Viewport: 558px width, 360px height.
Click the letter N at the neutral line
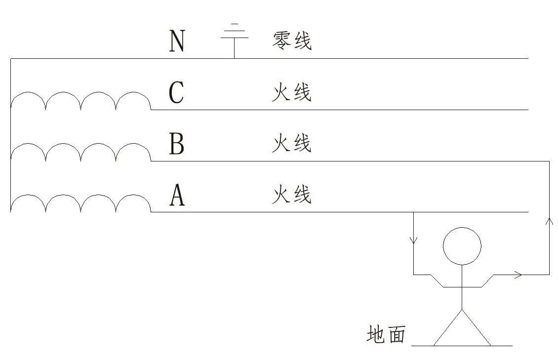click(177, 41)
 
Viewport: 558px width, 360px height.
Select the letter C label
click(176, 92)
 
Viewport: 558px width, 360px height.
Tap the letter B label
click(176, 143)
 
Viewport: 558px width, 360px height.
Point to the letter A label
click(177, 195)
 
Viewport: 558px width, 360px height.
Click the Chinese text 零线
click(292, 41)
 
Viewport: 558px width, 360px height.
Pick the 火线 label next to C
click(292, 92)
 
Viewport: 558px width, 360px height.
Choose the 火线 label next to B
click(292, 143)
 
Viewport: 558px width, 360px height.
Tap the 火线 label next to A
click(292, 195)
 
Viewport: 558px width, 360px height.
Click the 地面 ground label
click(386, 334)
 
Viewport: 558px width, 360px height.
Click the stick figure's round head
click(462, 246)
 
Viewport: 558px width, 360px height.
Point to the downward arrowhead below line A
click(413, 240)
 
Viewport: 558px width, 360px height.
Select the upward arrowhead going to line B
click(549, 222)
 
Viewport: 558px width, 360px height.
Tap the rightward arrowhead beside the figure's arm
click(518, 275)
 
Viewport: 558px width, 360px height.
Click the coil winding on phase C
click(81, 101)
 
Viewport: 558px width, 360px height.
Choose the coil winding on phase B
click(81, 152)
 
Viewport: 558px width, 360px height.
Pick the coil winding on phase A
click(81, 203)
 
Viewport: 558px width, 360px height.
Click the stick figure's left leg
click(448, 327)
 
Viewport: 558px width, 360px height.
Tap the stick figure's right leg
click(477, 327)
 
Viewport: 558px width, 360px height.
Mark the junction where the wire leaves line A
click(413, 212)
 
